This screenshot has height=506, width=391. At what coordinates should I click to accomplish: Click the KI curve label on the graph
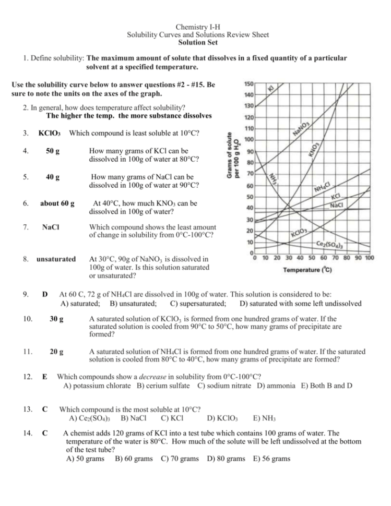(x=271, y=89)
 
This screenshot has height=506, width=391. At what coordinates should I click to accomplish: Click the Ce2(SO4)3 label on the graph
(x=329, y=244)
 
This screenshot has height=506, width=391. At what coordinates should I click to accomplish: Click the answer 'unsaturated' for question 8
(x=56, y=259)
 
